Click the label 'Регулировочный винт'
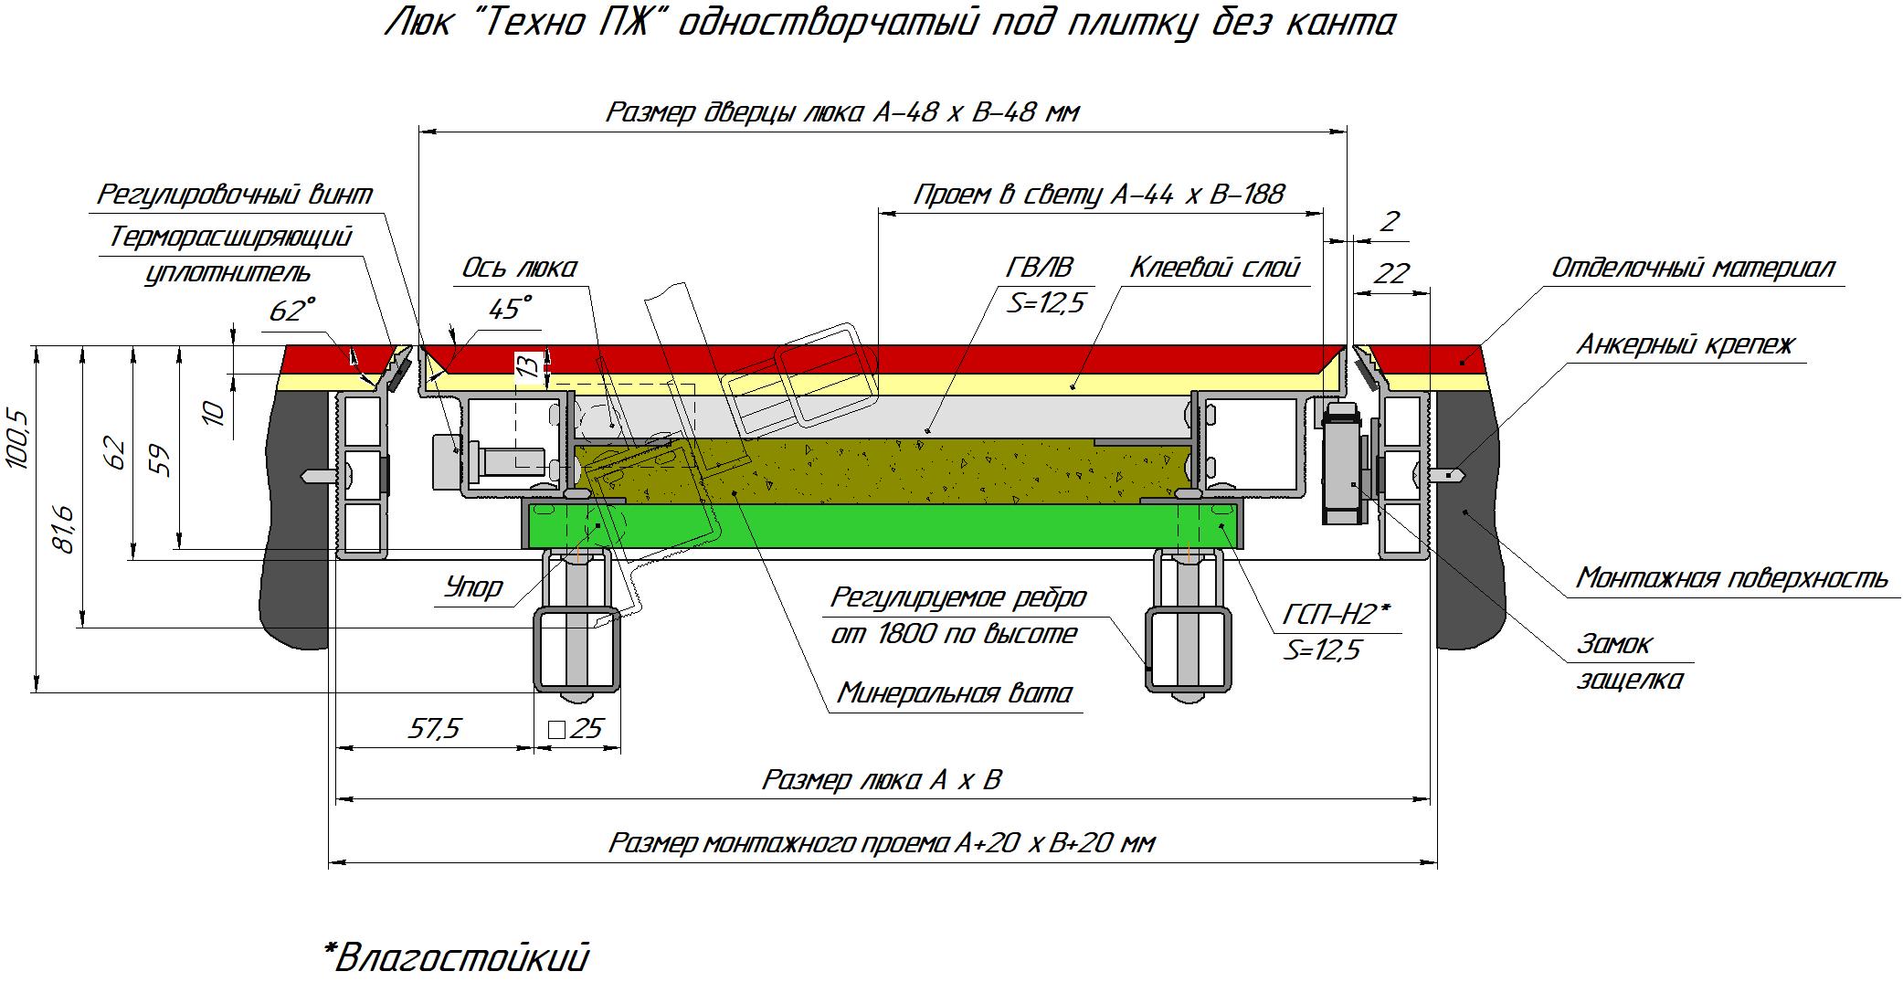(x=235, y=195)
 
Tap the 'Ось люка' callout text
(x=519, y=268)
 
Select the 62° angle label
(x=291, y=311)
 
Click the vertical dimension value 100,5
(x=19, y=439)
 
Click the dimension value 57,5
(x=436, y=728)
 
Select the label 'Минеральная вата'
(x=955, y=692)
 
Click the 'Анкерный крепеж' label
(x=1686, y=344)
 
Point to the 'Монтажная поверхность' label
(x=1731, y=578)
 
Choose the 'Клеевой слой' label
(x=1214, y=268)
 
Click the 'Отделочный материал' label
(x=1692, y=268)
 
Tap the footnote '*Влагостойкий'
(x=456, y=957)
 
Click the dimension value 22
(x=1391, y=273)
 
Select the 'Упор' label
(x=473, y=586)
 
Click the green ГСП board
(x=877, y=524)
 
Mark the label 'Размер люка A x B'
(x=882, y=780)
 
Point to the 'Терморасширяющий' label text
(x=230, y=237)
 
